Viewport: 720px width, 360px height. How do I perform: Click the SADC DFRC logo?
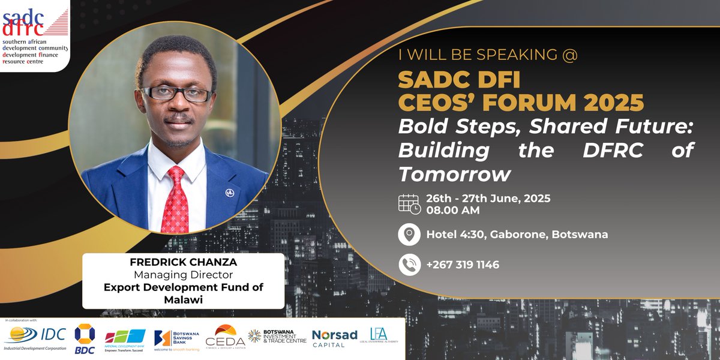pos(35,34)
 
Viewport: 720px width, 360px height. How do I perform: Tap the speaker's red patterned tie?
pos(175,201)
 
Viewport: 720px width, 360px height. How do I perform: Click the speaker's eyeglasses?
pos(175,94)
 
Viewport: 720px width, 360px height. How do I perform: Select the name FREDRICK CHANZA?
pos(183,263)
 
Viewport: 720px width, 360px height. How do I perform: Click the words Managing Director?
pos(183,275)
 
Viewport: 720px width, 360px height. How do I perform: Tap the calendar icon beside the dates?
pos(409,203)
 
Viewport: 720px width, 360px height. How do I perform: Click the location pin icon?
pos(409,234)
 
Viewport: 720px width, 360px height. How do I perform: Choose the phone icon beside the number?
pos(409,265)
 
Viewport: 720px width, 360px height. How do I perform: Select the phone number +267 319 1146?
pos(463,265)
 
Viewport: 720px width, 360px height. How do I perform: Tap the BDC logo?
pos(84,339)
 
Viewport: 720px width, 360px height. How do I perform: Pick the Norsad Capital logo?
pos(334,338)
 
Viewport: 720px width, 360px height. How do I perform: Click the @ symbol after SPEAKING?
pos(571,55)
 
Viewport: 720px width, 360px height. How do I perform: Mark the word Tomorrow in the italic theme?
pos(455,174)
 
